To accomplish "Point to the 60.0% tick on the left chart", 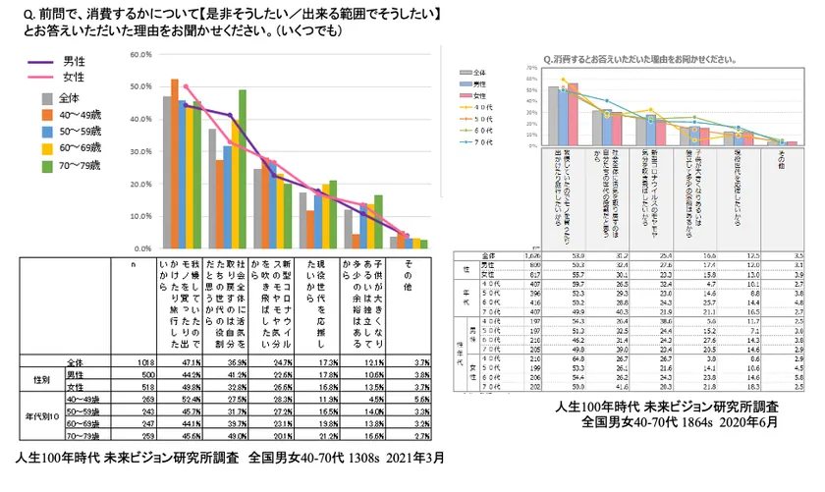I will click(138, 55).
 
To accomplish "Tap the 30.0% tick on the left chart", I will click(138, 146).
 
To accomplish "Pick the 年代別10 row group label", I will click(38, 415).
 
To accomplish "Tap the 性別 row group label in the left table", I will click(38, 378).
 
